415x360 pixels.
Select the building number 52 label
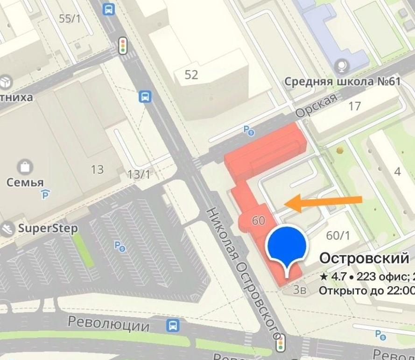point(191,74)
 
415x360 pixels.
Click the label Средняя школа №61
point(343,82)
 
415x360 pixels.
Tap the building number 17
point(355,106)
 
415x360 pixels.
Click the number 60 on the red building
point(258,220)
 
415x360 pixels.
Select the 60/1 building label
point(338,235)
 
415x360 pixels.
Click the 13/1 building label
point(139,175)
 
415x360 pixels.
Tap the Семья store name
point(25,182)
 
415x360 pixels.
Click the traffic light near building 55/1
point(123,45)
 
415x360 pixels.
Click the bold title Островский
point(364,258)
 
